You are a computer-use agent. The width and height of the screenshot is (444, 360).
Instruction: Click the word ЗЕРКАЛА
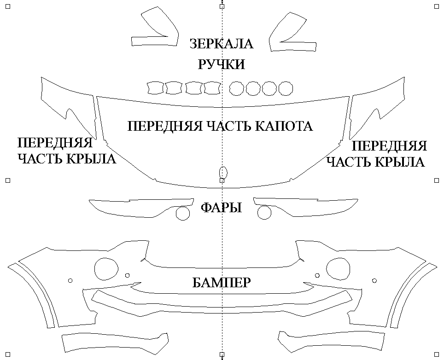[x=222, y=44]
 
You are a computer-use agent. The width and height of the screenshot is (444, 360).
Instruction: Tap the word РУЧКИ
[x=222, y=64]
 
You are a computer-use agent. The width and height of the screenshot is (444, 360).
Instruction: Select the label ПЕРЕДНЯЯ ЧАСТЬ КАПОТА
[x=220, y=126]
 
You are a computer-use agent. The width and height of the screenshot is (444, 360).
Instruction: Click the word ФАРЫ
[x=222, y=208]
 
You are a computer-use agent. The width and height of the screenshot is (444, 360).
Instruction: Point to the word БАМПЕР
[x=222, y=282]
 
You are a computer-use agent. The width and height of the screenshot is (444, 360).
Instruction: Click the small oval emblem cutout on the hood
[x=223, y=172]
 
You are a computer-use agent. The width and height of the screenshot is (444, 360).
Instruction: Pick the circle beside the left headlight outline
[x=183, y=213]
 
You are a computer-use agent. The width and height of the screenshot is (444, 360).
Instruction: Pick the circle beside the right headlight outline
[x=264, y=213]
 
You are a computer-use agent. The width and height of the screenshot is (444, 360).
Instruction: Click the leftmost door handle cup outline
[x=155, y=87]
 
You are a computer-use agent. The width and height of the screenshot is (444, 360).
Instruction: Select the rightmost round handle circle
[x=286, y=88]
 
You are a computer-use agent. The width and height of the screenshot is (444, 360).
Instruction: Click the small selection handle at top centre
[x=222, y=6]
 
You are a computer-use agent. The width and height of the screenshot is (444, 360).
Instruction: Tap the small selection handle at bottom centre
[x=222, y=354]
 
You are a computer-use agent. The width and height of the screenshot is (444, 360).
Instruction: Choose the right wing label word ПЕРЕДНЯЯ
[x=389, y=146]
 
